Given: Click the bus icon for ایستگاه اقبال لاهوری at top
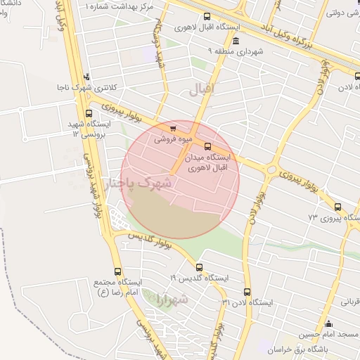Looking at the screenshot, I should [x=206, y=17].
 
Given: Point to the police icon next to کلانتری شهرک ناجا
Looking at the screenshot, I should [x=86, y=77].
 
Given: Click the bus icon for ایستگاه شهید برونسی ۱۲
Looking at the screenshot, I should [x=88, y=112].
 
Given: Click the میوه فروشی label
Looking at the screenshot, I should [x=163, y=139].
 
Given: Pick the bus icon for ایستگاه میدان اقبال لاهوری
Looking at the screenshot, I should [x=207, y=146].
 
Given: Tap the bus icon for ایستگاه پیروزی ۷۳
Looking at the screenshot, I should [x=338, y=207].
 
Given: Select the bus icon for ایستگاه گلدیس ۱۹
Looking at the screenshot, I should [x=199, y=267].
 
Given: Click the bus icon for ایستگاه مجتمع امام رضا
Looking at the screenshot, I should [x=117, y=271].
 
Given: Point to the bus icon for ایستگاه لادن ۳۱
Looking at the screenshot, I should [x=246, y=291].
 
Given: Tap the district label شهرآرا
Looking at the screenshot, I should [x=174, y=300].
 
